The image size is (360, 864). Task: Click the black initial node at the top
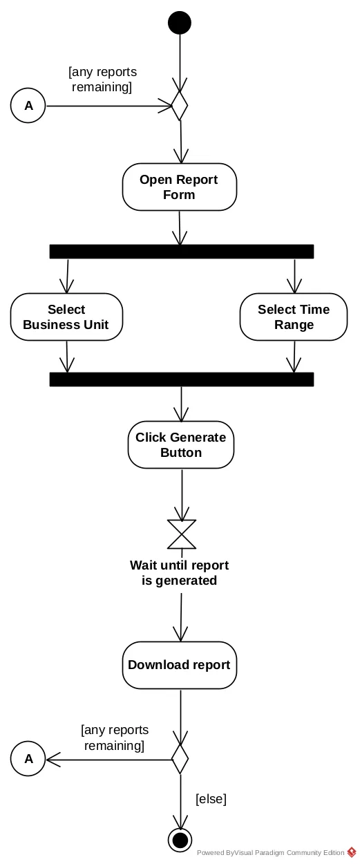180,23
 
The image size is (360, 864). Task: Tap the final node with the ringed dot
180,840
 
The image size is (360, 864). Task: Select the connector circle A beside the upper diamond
28,105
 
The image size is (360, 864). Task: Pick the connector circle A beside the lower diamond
28,758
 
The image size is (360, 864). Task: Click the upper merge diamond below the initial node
180,105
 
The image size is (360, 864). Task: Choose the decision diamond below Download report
180,759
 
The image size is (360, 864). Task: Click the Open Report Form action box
180,187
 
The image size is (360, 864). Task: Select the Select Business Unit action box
66,317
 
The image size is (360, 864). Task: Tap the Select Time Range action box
294,317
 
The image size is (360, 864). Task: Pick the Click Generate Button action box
181,444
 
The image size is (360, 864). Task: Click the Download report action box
180,665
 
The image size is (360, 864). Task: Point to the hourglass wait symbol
182,534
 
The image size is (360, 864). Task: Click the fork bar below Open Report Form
182,252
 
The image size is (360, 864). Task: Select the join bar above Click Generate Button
182,379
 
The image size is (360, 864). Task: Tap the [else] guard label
211,799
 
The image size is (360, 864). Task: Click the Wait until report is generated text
179,573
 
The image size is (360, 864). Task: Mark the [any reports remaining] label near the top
102,79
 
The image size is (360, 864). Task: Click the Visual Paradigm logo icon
352,852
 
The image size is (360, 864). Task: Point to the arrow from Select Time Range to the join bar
294,357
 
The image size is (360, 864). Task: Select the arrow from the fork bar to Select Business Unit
67,276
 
